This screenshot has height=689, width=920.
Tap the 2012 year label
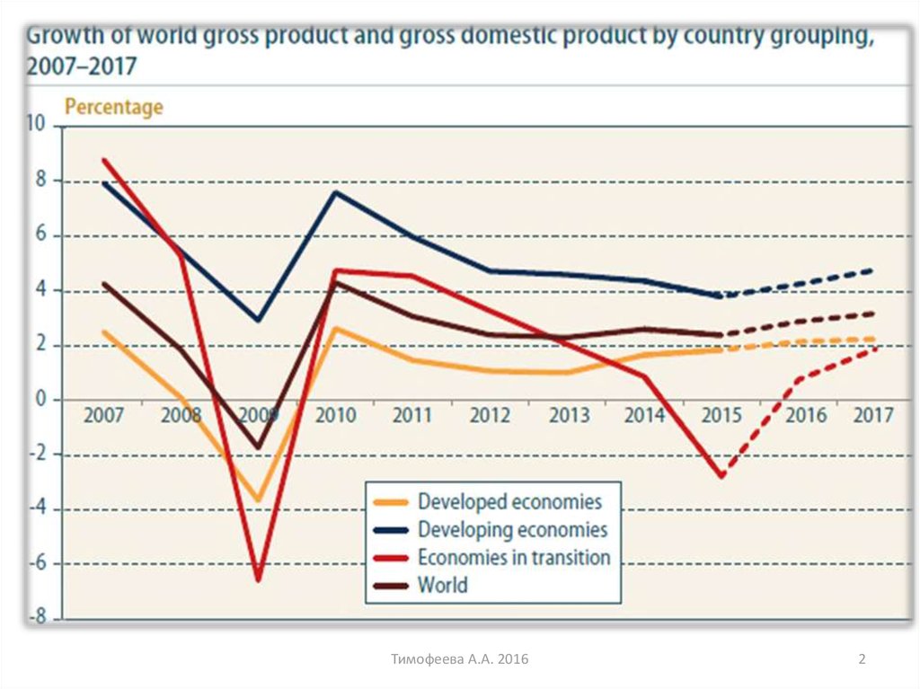(491, 416)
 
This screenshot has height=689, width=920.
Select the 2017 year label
(873, 416)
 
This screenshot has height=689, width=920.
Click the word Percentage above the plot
(114, 107)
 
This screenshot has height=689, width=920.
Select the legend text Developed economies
(509, 501)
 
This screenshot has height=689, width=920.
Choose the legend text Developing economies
(512, 529)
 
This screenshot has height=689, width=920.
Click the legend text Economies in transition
(514, 557)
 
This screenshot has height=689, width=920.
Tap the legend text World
(443, 585)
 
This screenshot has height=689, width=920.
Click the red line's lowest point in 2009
(259, 579)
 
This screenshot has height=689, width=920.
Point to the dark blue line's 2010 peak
(336, 192)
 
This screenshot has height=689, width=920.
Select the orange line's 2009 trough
(259, 500)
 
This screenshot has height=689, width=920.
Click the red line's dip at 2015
(721, 475)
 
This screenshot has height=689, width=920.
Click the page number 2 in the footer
(862, 660)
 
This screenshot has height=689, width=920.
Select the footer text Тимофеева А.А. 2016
(460, 660)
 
